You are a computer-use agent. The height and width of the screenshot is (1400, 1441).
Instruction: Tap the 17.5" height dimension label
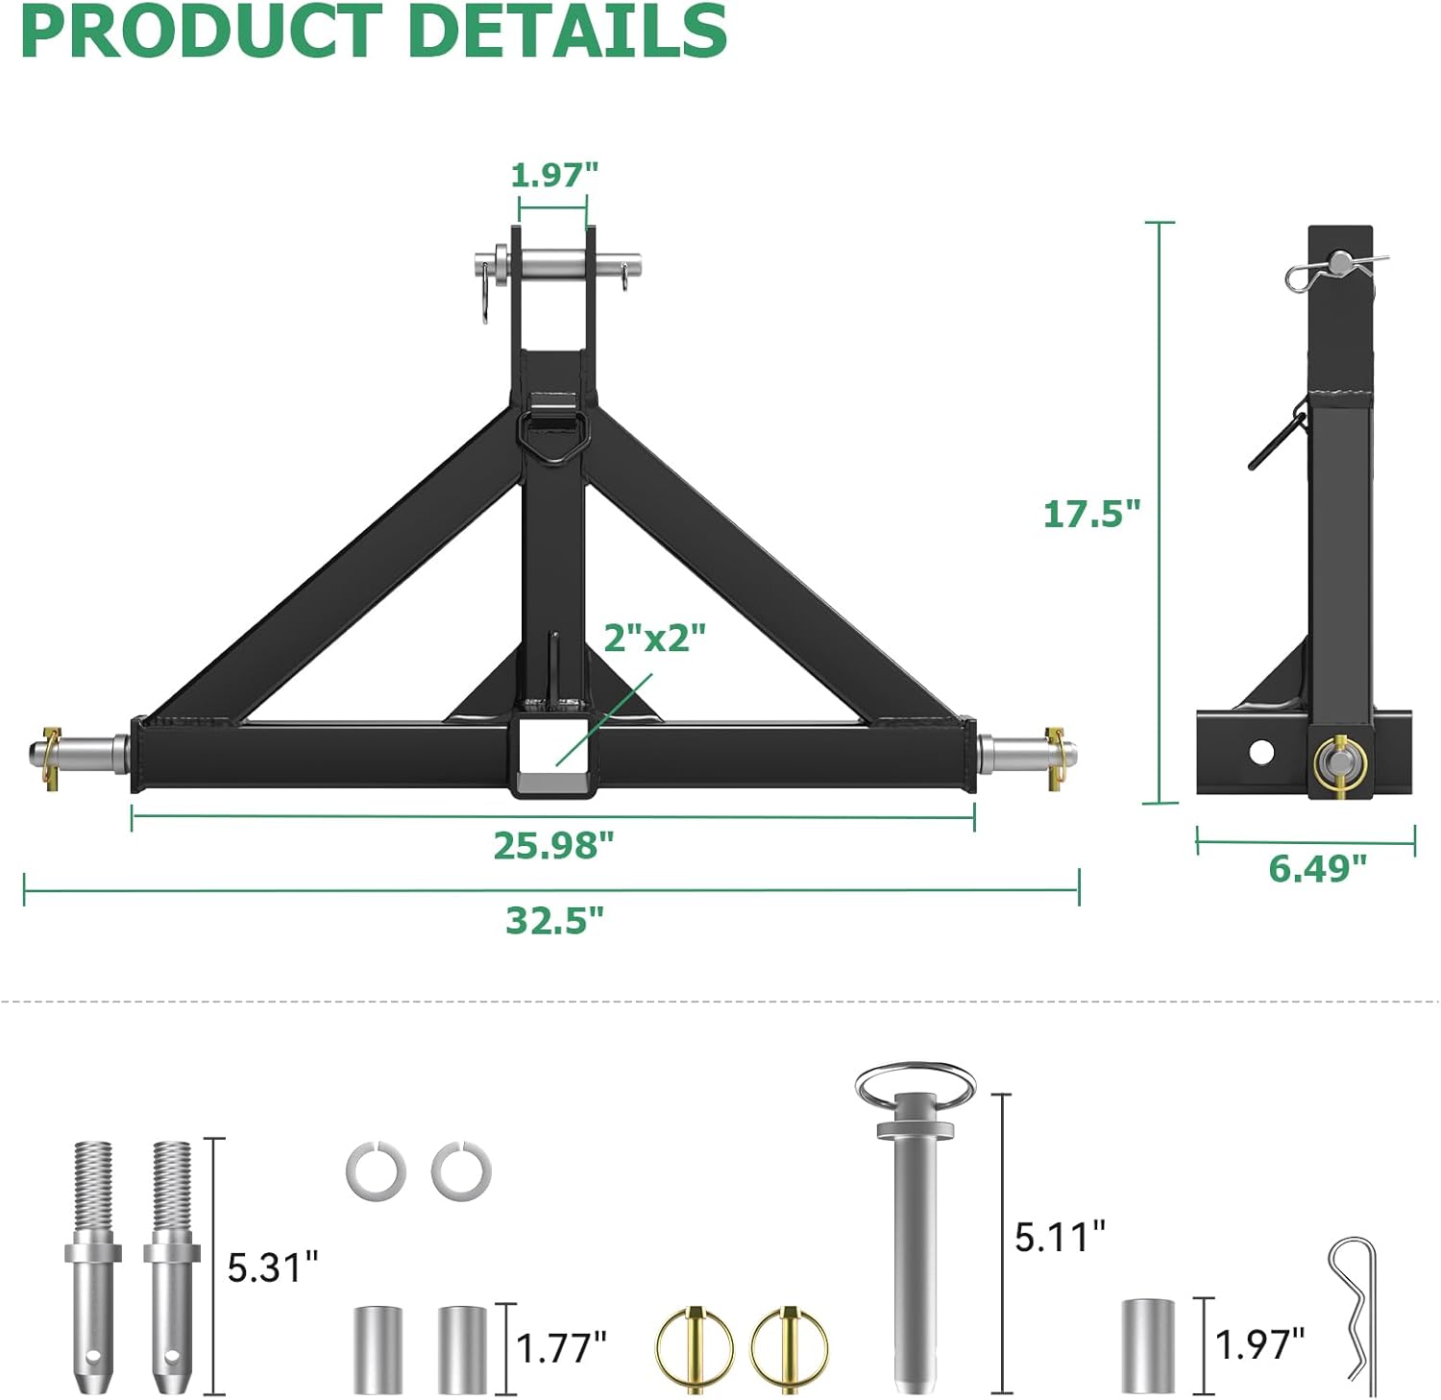click(1091, 514)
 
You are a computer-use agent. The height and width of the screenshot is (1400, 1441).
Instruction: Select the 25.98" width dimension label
click(553, 845)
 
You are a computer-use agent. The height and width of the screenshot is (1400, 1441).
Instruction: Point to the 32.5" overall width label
click(555, 920)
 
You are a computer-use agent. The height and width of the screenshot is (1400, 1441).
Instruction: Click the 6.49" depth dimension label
click(1317, 868)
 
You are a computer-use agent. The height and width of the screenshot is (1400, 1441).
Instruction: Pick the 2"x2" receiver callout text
click(654, 637)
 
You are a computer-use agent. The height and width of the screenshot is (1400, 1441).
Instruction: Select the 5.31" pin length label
click(272, 1267)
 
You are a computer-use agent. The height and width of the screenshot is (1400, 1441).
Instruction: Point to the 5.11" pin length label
click(1060, 1237)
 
